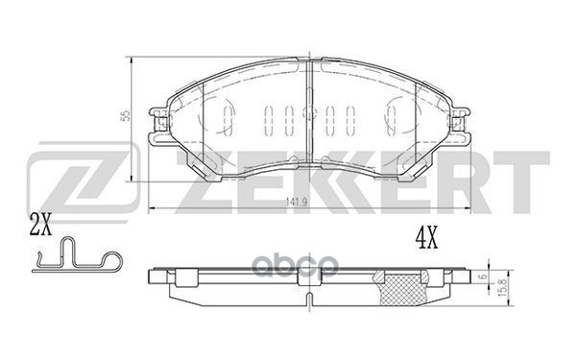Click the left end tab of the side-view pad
(x=158, y=280)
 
